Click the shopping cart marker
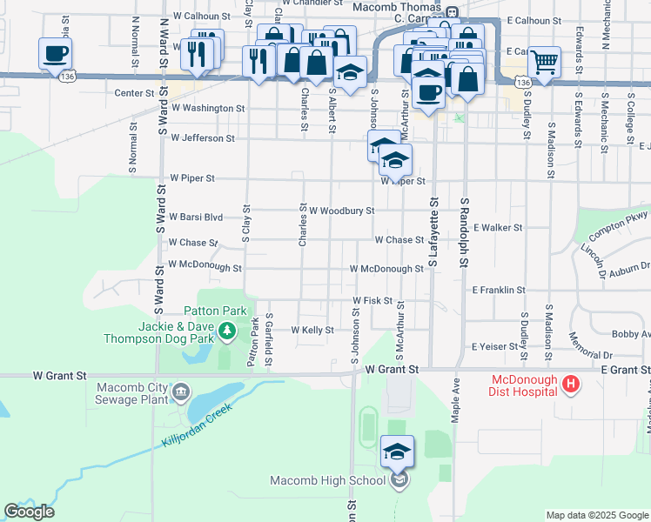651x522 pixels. (x=544, y=63)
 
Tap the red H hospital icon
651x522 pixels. (x=571, y=384)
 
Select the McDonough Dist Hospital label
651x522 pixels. (x=524, y=385)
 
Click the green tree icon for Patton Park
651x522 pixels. (x=227, y=331)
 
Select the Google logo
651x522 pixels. (x=29, y=512)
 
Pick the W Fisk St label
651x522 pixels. (x=372, y=300)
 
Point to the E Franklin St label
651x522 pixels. (x=499, y=290)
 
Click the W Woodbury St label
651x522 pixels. (x=341, y=211)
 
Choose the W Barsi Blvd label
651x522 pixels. (x=197, y=217)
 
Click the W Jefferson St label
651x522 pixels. (x=203, y=137)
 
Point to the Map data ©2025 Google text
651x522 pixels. (x=596, y=515)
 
